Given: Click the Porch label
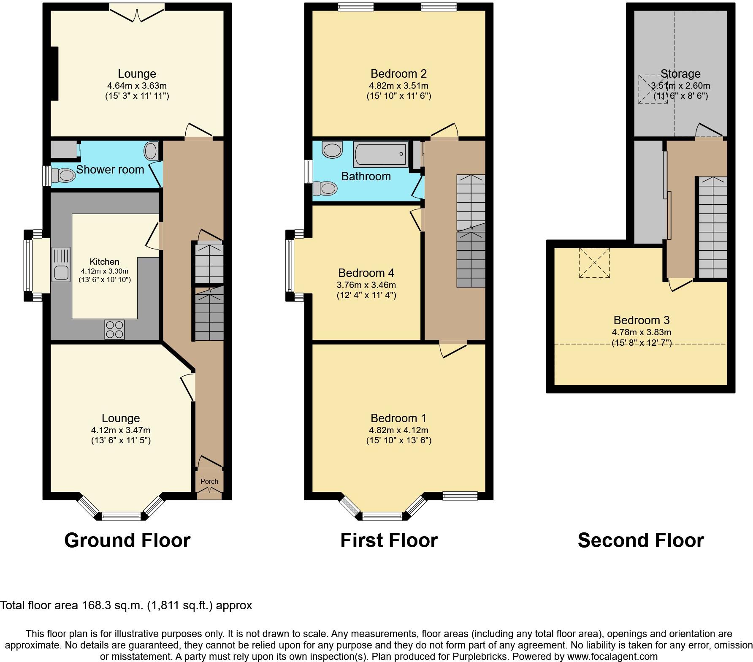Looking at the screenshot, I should coord(209,481).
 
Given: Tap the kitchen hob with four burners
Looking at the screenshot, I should coord(115,329).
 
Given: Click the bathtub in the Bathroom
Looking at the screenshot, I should coord(381,154).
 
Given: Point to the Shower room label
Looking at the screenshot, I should coord(110,170).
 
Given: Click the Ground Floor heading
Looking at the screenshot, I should coord(127,540).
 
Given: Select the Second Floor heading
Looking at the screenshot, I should coord(640,540).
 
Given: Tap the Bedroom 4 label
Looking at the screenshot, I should coord(366,273).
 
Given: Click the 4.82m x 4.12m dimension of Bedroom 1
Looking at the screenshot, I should coord(398,430).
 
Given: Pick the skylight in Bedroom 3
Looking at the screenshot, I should coord(594,263).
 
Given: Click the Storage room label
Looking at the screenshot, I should coord(680,74).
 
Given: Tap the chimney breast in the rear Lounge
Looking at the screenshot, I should coord(54,73).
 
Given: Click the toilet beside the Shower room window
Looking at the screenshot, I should coord(63,175).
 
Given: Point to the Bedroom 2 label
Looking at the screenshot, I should coord(398,74).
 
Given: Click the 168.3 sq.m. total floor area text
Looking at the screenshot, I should coord(114,605).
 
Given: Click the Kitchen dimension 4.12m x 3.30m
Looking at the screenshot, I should coord(105,271).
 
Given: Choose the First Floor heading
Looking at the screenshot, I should coord(389,540).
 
